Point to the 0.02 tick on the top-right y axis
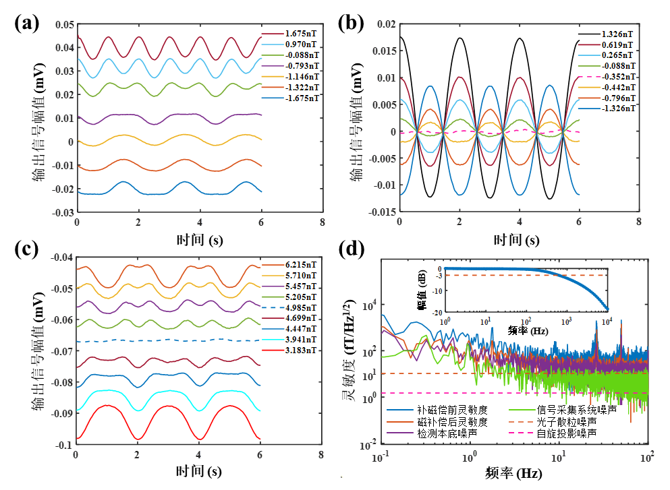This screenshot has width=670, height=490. click(386, 25)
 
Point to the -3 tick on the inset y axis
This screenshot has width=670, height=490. click(439, 276)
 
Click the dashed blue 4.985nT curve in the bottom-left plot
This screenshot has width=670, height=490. click(169, 340)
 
